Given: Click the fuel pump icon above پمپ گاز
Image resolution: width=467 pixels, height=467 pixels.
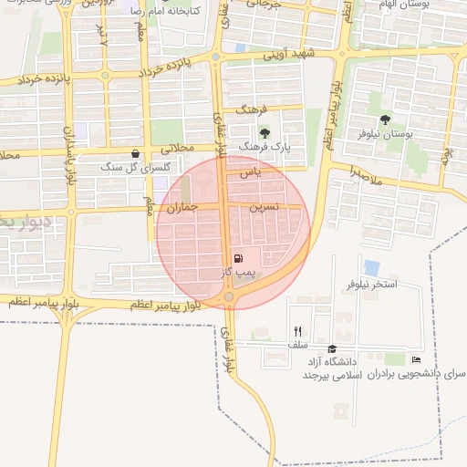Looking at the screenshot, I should [239, 259].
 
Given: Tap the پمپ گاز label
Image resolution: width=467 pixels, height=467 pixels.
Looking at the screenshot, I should [239, 272].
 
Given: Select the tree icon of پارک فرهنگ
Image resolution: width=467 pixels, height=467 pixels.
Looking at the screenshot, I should [265, 133].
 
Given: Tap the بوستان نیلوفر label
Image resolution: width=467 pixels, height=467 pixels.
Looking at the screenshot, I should [389, 134].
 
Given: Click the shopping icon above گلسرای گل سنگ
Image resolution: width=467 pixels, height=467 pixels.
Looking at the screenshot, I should [135, 153].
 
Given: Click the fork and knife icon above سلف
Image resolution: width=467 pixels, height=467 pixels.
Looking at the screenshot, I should [297, 331].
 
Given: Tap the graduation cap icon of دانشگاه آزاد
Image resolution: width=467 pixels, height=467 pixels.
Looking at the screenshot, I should [332, 349].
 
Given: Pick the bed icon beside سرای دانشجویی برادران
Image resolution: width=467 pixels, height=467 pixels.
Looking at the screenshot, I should [417, 359].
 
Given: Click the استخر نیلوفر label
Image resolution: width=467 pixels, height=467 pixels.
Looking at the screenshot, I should [371, 285].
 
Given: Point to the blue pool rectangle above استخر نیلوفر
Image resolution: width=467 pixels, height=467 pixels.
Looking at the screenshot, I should [371, 267].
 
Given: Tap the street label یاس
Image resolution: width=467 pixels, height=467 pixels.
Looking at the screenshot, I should [252, 171].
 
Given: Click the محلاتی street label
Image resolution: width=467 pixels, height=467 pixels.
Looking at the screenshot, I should [177, 147].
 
